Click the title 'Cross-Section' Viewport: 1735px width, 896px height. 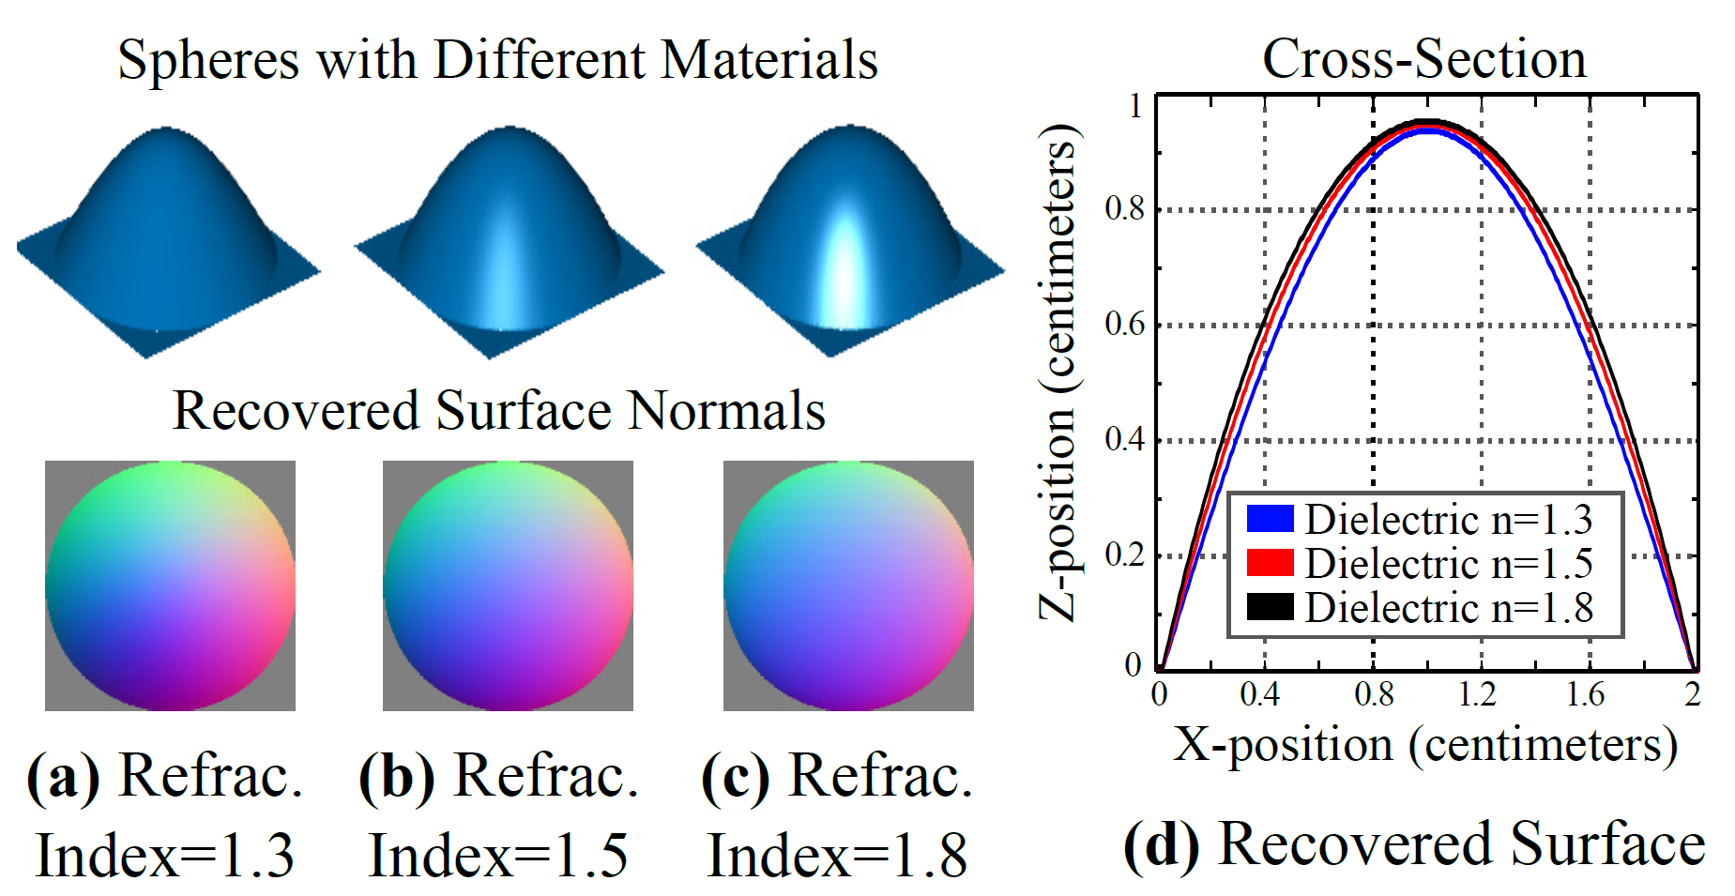point(1423,58)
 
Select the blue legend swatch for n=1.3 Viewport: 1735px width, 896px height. point(1270,519)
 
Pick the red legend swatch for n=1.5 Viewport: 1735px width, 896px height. point(1270,563)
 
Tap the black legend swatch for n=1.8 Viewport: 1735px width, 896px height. point(1270,607)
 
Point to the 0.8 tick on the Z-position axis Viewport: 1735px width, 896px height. point(1124,208)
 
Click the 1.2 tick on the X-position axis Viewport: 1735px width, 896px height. point(1478,693)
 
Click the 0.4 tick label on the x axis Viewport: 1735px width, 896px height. point(1259,693)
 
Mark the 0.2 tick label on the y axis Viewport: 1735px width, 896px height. point(1124,554)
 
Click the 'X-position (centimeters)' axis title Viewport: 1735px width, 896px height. point(1424,745)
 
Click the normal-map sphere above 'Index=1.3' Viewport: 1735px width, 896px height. point(170,585)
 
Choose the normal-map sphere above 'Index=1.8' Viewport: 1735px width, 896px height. point(848,585)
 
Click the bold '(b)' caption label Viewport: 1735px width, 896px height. point(397,776)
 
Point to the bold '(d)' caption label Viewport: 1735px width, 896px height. point(1162,844)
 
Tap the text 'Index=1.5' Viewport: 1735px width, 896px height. point(498,855)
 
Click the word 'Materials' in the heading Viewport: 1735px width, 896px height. point(769,60)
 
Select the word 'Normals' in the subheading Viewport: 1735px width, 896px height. point(726,411)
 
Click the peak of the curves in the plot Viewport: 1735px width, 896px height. point(1427,125)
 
